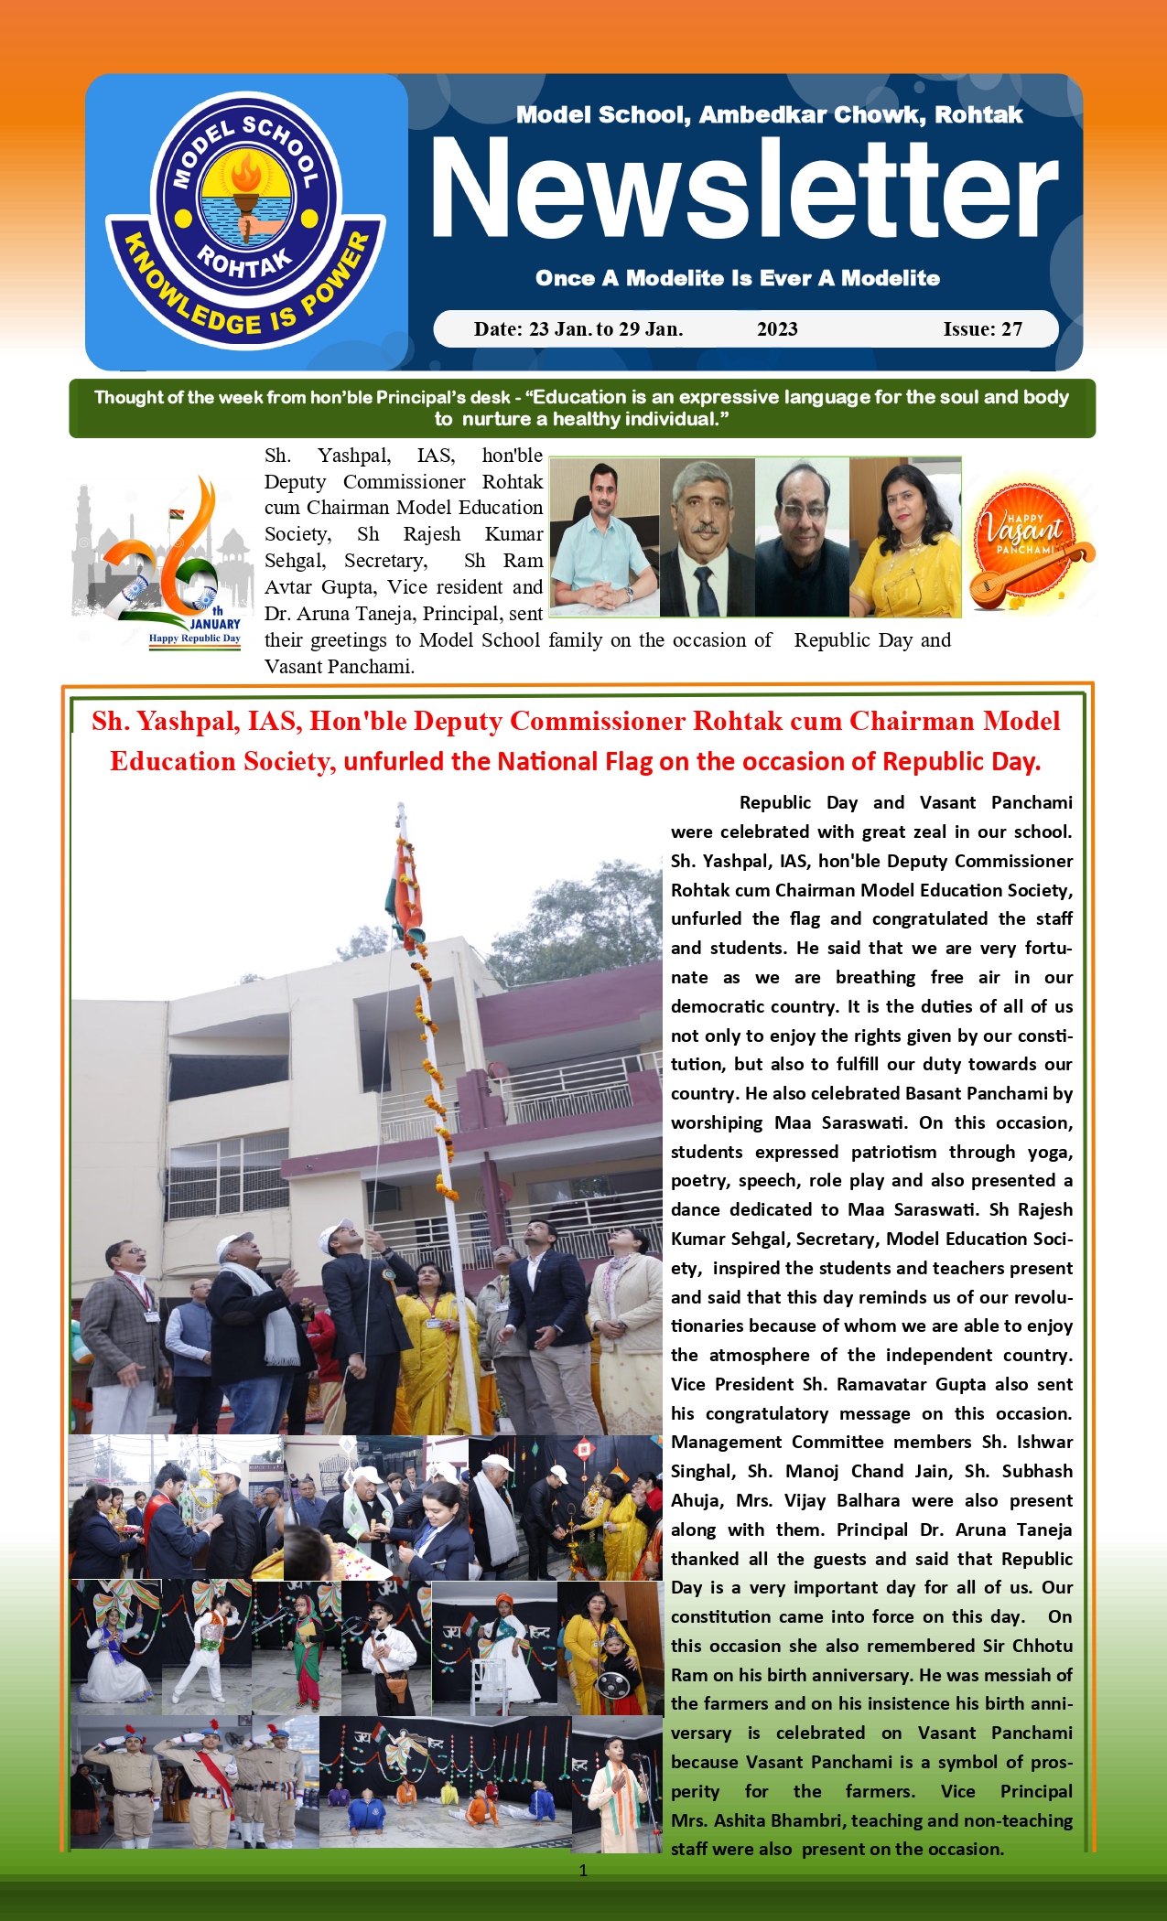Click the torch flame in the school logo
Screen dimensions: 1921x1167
click(245, 172)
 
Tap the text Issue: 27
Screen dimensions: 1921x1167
click(982, 329)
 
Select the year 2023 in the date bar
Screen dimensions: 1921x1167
click(777, 329)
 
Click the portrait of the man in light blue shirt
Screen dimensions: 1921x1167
click(604, 537)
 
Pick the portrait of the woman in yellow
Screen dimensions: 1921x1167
click(904, 537)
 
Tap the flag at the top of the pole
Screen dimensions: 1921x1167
click(405, 883)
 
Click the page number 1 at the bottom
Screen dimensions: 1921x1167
click(583, 1871)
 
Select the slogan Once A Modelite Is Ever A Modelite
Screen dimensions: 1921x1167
click(738, 278)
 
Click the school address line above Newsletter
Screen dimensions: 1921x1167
click(769, 115)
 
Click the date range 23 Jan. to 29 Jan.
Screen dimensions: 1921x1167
click(578, 329)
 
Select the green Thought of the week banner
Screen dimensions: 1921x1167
click(582, 408)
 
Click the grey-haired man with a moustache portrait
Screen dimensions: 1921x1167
click(707, 537)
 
